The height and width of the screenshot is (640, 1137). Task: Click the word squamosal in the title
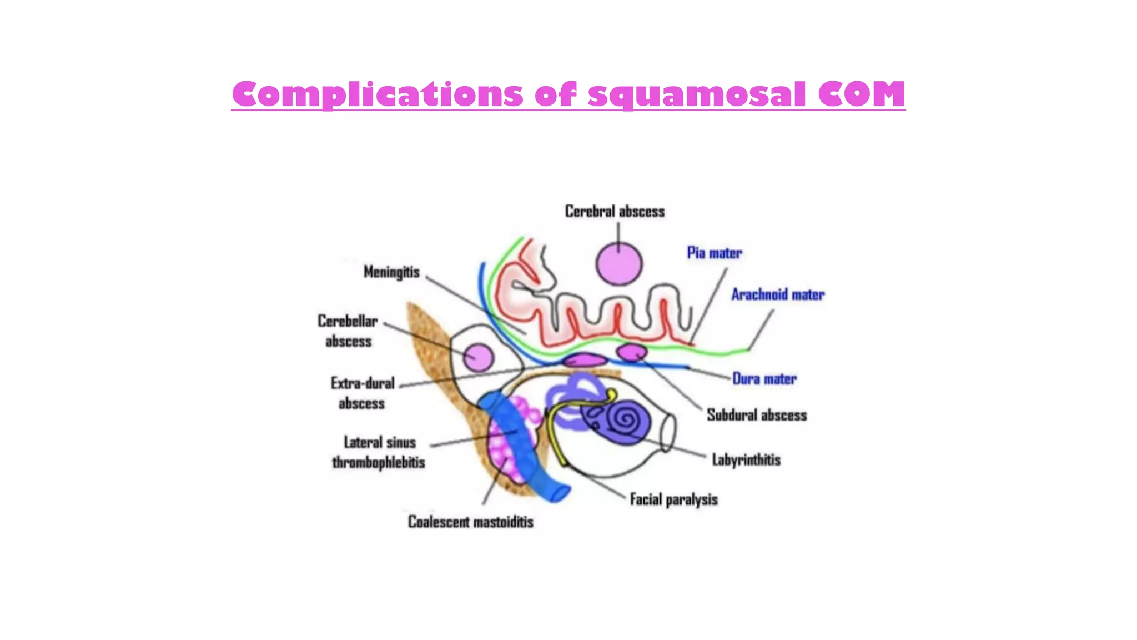pos(697,94)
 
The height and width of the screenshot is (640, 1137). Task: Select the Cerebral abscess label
pos(615,212)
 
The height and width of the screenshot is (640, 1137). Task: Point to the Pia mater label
pos(714,253)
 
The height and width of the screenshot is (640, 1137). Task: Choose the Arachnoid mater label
pos(777,294)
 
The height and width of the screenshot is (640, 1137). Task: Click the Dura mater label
pos(764,379)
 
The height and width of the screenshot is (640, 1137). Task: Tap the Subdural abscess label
pos(756,415)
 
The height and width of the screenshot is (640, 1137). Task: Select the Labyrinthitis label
pos(746,460)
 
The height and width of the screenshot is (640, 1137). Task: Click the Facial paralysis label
pos(673,499)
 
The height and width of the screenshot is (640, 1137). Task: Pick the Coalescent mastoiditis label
pos(470,522)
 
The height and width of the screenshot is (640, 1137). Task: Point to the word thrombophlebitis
pos(378,462)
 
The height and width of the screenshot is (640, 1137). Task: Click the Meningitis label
pos(391,272)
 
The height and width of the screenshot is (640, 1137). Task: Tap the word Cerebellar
pos(348,321)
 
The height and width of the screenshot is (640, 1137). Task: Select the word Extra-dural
pos(363,383)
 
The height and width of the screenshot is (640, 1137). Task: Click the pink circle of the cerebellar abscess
pos(478,357)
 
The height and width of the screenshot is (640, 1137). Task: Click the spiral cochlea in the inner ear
pos(627,421)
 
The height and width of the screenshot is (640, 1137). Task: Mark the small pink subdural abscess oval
pos(632,352)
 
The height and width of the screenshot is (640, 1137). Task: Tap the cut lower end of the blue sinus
pos(558,493)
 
